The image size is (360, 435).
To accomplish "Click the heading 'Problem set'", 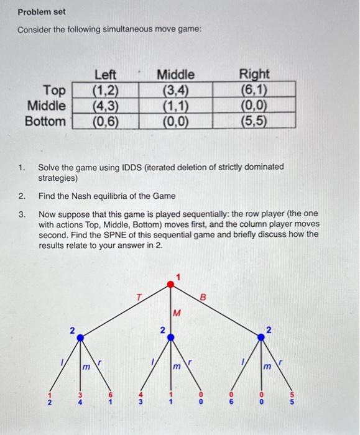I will [x=41, y=12].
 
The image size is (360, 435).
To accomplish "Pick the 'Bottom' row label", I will [x=45, y=120].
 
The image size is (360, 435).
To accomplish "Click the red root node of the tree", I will [x=172, y=285].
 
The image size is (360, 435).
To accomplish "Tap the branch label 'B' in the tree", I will [x=202, y=298].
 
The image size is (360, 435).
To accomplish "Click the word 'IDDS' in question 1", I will [x=117, y=167].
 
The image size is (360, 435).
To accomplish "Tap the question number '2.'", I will [x=22, y=196].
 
